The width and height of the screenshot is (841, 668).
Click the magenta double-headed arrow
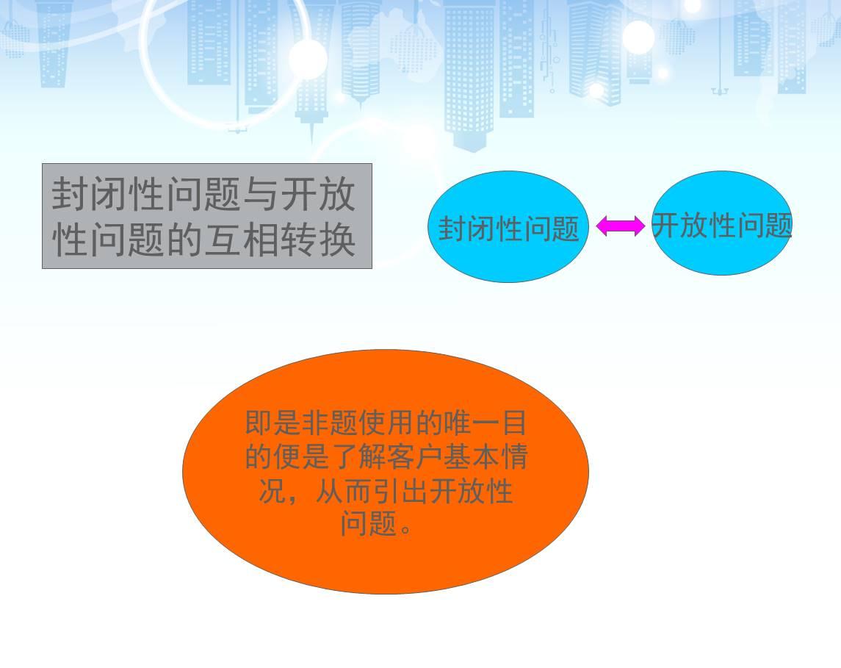click(x=621, y=226)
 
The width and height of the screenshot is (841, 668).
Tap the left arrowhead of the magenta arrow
click(x=602, y=226)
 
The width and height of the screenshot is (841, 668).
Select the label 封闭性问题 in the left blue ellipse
click(x=508, y=229)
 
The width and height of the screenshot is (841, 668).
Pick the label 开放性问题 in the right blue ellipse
click(x=722, y=226)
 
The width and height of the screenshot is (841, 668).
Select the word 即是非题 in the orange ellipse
click(x=301, y=423)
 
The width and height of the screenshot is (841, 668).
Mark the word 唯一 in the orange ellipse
click(x=470, y=423)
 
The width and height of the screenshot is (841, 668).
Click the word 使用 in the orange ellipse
click(x=386, y=423)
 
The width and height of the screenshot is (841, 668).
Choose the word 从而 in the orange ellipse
click(x=344, y=490)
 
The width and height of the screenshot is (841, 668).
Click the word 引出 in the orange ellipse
click(x=400, y=490)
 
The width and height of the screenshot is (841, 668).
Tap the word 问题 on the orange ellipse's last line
click(x=369, y=523)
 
